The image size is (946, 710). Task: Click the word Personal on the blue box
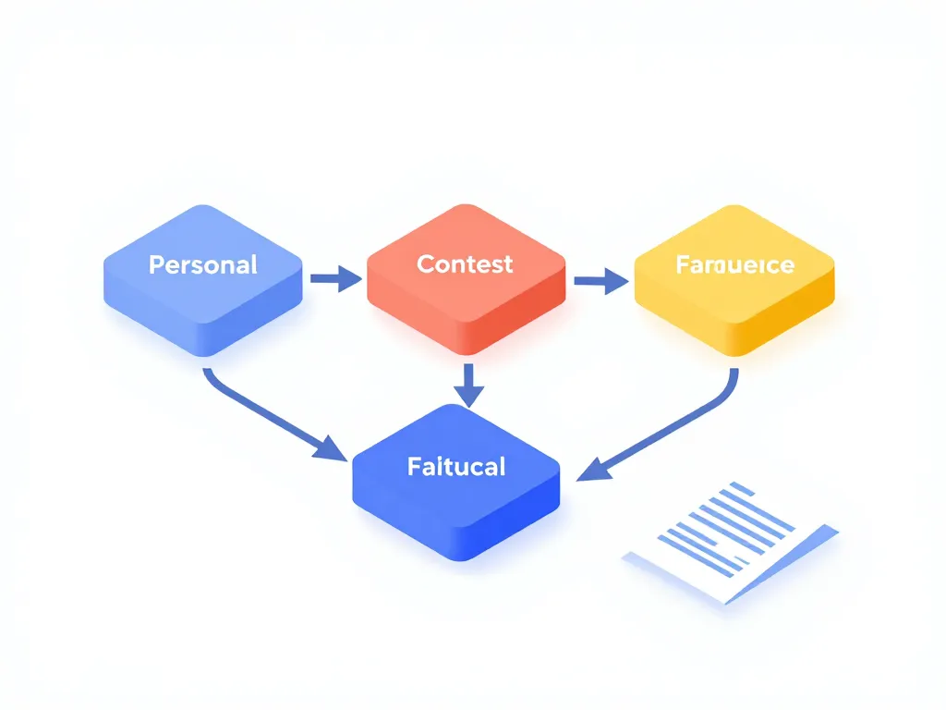click(x=202, y=265)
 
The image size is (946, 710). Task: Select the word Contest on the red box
click(x=465, y=264)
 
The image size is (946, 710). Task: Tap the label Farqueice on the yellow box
click(x=734, y=266)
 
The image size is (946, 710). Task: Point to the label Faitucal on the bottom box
click(x=456, y=467)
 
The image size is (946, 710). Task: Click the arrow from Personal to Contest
click(x=334, y=277)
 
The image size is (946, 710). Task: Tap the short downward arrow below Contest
click(x=469, y=385)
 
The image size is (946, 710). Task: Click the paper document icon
click(x=730, y=542)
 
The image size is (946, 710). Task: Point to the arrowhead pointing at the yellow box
click(x=615, y=281)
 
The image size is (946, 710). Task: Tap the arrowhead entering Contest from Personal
click(x=349, y=277)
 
